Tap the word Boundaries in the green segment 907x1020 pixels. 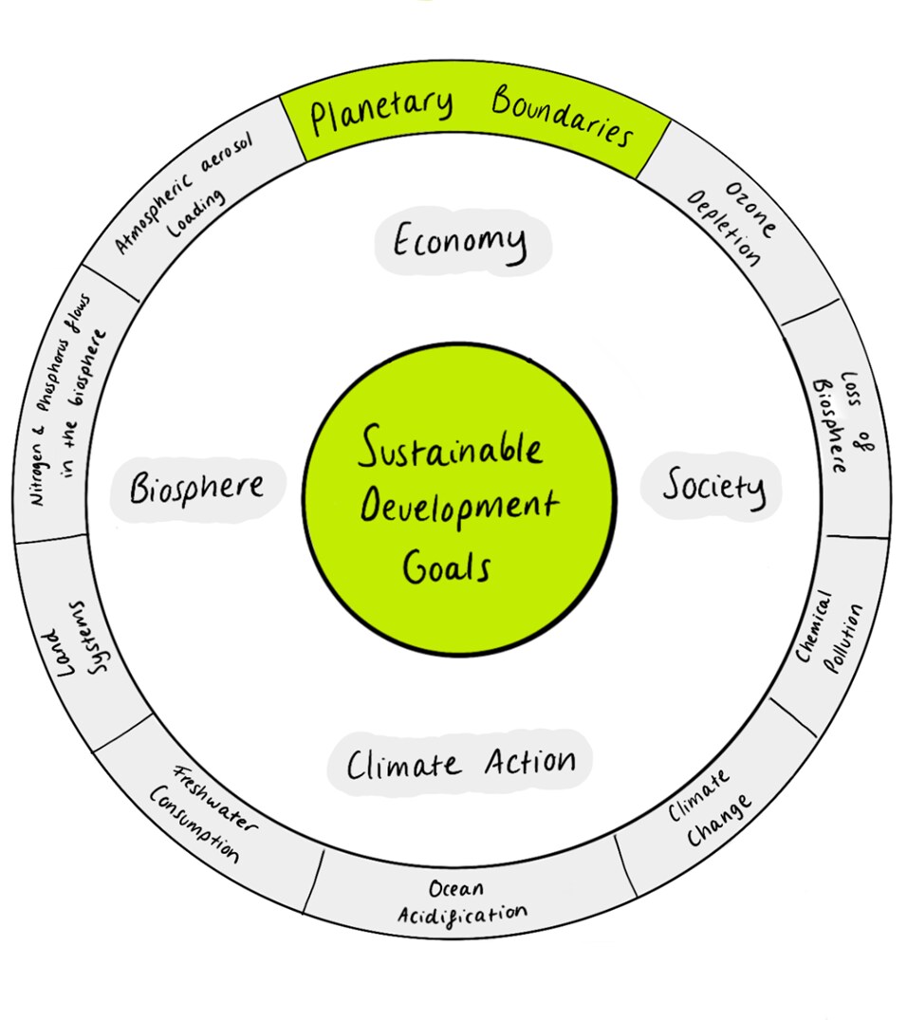click(x=562, y=118)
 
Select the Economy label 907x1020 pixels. click(x=459, y=243)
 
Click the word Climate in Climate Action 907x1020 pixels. click(x=404, y=765)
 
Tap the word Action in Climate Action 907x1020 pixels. click(x=529, y=760)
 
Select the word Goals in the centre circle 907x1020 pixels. click(x=446, y=567)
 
